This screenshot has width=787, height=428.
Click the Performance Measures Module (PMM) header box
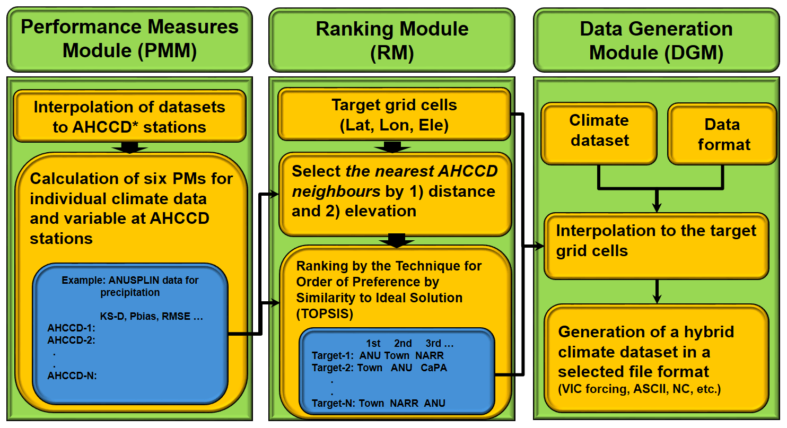click(129, 39)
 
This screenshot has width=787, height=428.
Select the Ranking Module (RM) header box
click(392, 39)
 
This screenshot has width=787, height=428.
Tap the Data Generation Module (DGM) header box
click(656, 40)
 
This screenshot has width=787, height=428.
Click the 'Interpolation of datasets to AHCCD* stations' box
click(129, 117)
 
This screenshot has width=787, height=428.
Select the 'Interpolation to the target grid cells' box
click(656, 241)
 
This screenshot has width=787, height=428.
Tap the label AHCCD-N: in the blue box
click(72, 376)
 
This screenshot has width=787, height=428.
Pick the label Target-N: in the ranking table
click(333, 403)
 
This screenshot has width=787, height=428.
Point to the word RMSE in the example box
click(177, 317)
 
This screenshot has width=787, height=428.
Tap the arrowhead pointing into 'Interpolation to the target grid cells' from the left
click(539, 246)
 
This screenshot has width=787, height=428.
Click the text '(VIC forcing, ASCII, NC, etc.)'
click(639, 390)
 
